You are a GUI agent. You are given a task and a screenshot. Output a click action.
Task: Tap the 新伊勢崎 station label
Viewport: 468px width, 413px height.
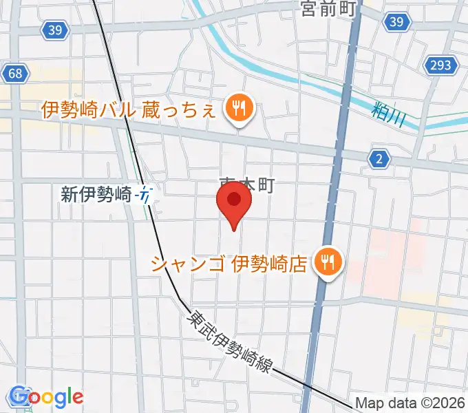pos(96,195)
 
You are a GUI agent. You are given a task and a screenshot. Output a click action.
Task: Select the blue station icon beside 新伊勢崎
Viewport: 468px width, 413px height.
pos(145,195)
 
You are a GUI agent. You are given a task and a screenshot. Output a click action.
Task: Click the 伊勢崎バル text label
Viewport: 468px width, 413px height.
pos(89,110)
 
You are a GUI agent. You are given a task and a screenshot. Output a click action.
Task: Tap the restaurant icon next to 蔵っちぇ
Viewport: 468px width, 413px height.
pos(239,109)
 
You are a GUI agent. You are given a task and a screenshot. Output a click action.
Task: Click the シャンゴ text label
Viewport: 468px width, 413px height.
pos(189,263)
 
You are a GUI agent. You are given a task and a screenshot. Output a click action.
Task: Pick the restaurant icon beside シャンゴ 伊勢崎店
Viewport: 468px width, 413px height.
pos(327,262)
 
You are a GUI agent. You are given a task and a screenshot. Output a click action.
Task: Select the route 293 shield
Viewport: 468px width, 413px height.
pos(441,65)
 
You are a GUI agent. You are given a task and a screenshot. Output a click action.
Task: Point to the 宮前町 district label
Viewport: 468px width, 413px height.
pos(327,9)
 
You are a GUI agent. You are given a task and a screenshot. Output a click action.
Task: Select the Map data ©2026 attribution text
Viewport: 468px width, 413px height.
pos(410,403)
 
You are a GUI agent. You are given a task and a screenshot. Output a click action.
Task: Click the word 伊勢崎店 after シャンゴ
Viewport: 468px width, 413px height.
pos(268,263)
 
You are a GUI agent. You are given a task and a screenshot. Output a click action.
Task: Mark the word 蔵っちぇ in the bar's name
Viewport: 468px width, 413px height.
pos(182,110)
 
